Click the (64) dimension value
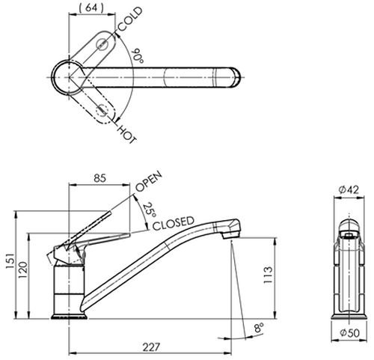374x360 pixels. click(x=91, y=8)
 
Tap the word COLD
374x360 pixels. click(x=130, y=19)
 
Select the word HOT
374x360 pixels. click(x=126, y=134)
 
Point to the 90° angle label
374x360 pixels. click(x=138, y=56)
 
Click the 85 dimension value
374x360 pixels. click(x=99, y=178)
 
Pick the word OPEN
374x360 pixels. click(x=149, y=181)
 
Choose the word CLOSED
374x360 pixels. click(x=174, y=223)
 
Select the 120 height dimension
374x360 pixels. click(x=22, y=270)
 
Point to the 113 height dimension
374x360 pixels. click(x=268, y=275)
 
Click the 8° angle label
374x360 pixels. click(x=259, y=327)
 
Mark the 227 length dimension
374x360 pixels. click(x=150, y=347)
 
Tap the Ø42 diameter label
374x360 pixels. click(x=349, y=190)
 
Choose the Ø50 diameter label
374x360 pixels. click(x=350, y=333)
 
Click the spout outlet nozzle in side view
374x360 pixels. click(x=230, y=234)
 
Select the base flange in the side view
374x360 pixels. click(x=69, y=317)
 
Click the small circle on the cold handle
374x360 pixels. click(x=102, y=44)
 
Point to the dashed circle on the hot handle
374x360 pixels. click(x=102, y=110)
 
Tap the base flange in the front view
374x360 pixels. click(x=349, y=317)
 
